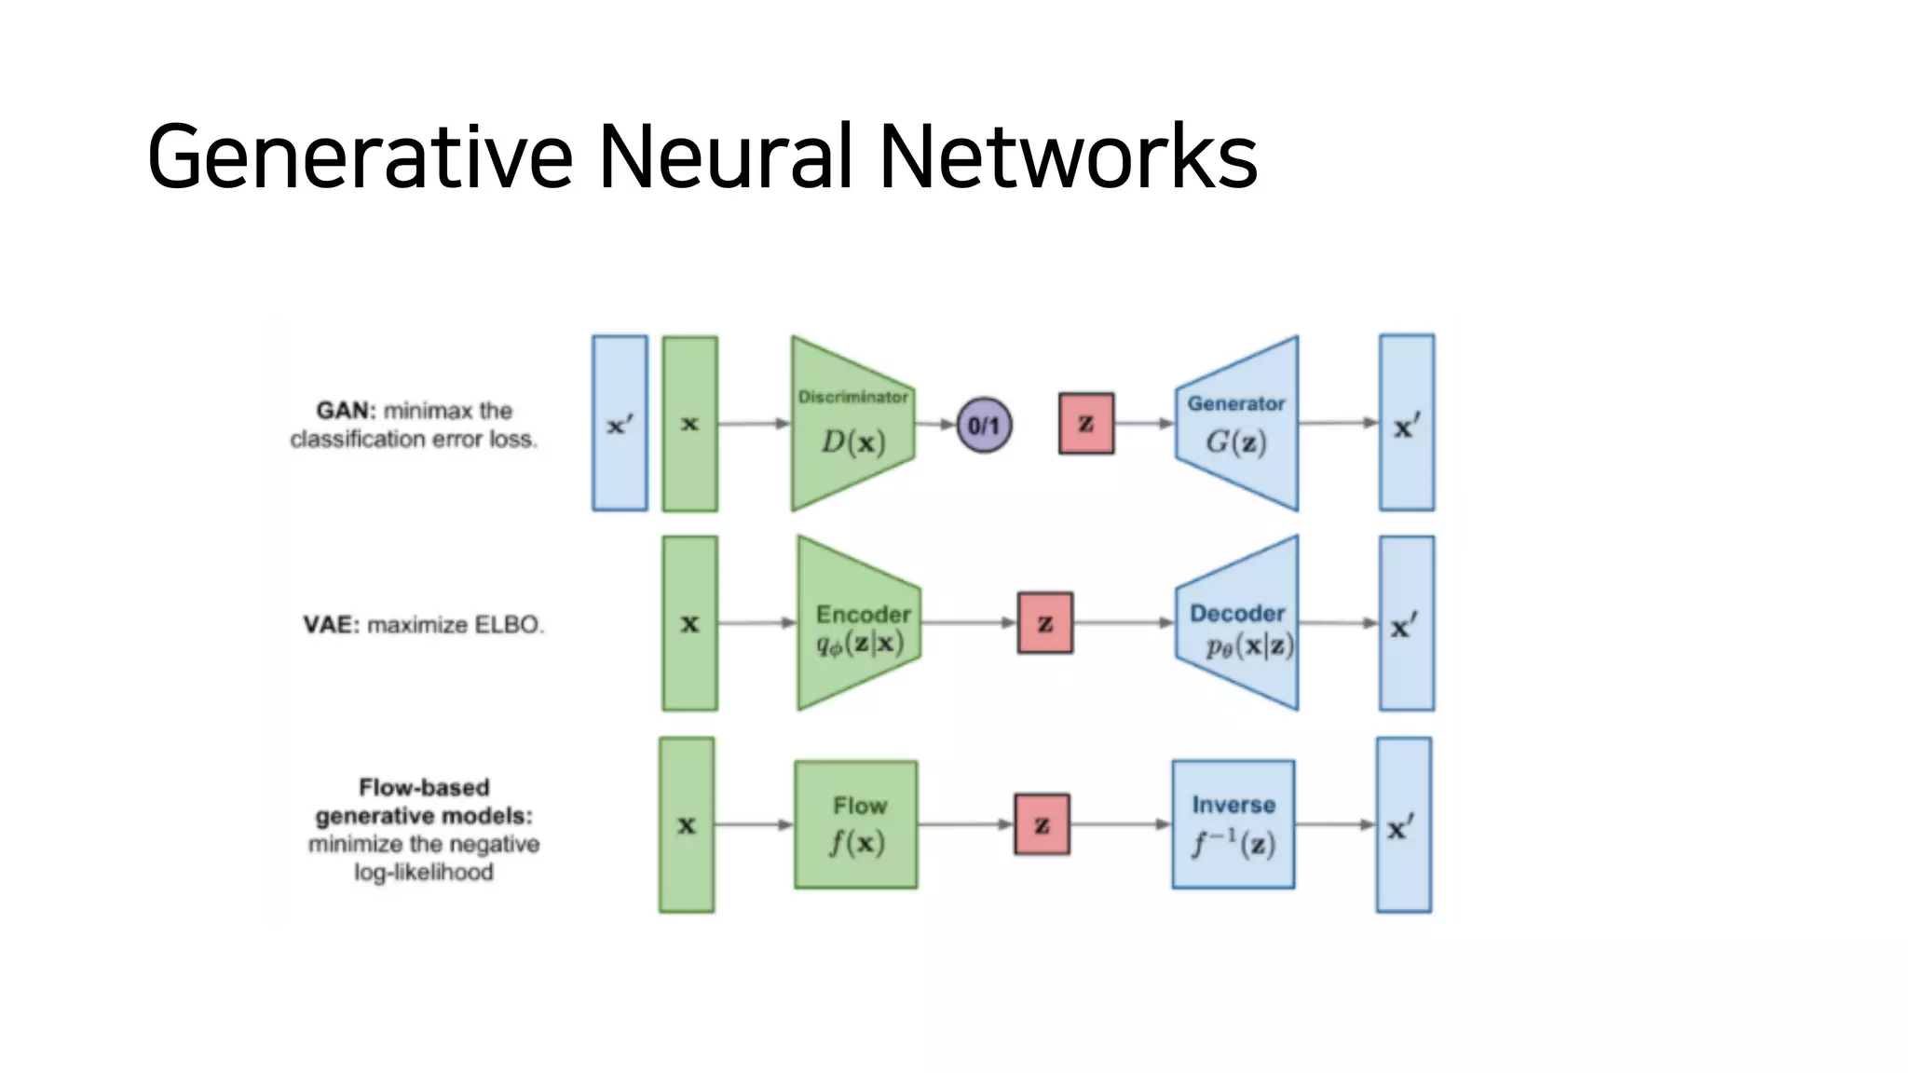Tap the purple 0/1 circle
coord(984,426)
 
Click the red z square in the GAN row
coord(1085,424)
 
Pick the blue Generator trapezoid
coord(1237,424)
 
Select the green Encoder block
coord(858,623)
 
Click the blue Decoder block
coord(1237,623)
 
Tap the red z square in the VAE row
coord(1044,623)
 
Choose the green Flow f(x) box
coord(855,824)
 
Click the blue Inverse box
coord(1233,824)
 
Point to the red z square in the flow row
coord(1042,824)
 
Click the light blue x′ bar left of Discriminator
coord(620,424)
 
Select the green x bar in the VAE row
coord(689,623)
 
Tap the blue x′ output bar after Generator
coord(1406,424)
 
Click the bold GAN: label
coord(346,411)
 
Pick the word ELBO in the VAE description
coord(508,625)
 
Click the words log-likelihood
coord(424,873)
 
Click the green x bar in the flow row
coord(687,824)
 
